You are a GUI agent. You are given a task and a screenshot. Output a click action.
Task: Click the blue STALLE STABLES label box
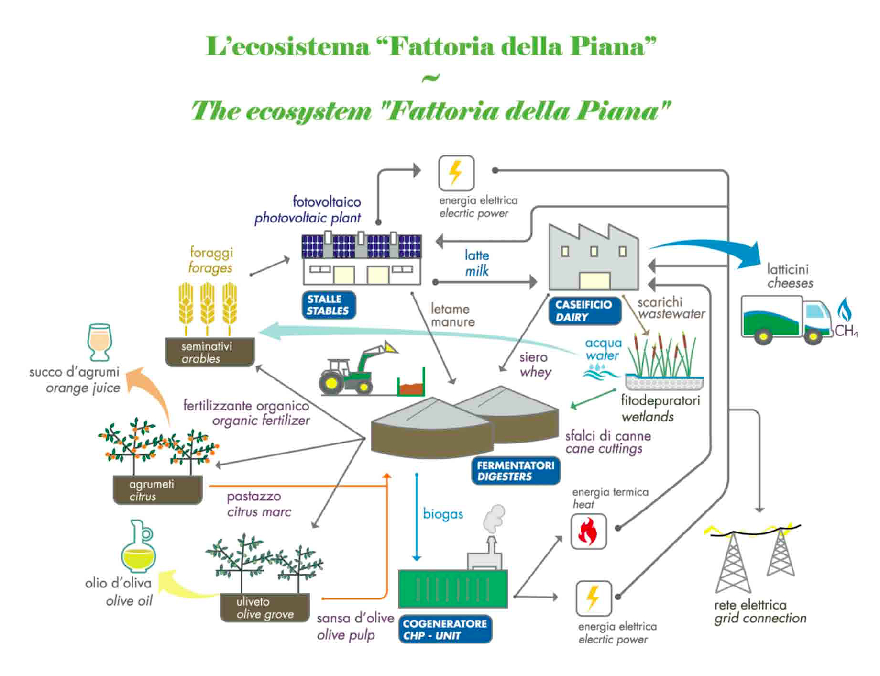tap(329, 305)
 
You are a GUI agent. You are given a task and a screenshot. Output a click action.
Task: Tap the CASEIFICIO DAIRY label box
tap(584, 311)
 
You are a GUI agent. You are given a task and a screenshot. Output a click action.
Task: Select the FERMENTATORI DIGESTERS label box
tap(516, 471)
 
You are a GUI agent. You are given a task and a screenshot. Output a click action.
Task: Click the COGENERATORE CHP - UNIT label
tap(445, 629)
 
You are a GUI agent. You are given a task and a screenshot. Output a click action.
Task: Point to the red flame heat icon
tap(588, 532)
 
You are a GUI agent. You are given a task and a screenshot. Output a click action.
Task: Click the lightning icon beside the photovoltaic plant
tap(456, 173)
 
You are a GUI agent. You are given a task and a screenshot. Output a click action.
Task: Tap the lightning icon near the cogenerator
tap(594, 598)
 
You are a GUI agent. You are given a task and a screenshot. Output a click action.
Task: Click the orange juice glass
tap(100, 342)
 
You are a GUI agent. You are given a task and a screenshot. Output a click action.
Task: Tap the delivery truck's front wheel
tap(813, 337)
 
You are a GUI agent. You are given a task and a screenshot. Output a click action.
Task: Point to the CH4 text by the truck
tap(846, 331)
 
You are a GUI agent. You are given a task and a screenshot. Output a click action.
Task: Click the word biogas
tap(443, 514)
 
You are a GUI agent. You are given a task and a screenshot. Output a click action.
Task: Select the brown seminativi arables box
tap(209, 352)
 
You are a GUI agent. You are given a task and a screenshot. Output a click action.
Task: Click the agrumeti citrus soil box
tap(157, 490)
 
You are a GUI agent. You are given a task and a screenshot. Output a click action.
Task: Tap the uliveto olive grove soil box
tap(264, 608)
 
